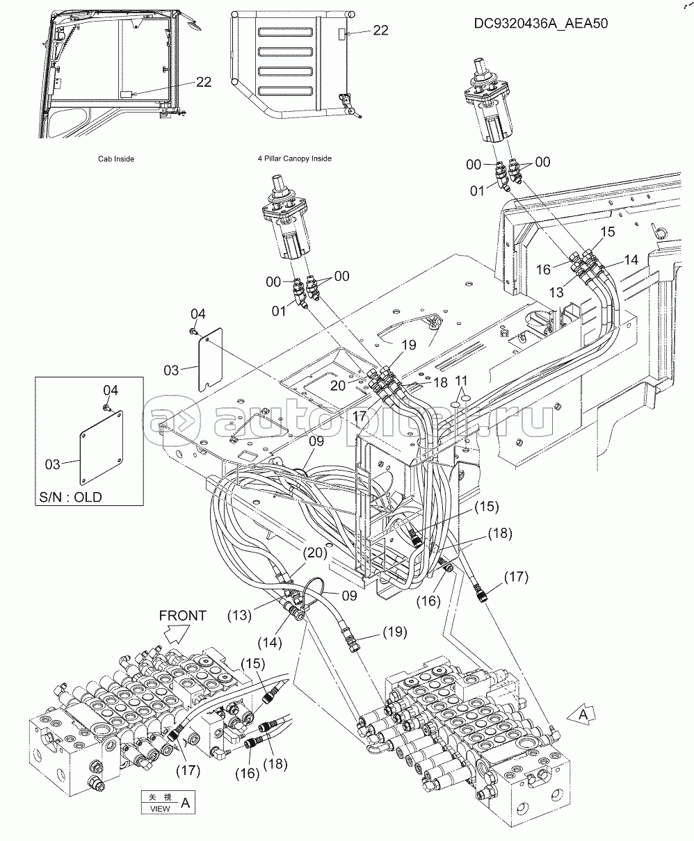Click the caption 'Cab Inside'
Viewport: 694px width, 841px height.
point(115,158)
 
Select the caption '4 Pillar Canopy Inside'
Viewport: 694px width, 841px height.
point(294,158)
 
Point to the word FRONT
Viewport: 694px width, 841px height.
point(183,615)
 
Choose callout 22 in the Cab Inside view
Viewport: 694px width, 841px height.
point(203,81)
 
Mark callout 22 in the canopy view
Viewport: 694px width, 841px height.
point(380,31)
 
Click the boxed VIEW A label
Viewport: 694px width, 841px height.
point(167,803)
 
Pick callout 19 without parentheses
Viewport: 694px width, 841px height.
point(407,344)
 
